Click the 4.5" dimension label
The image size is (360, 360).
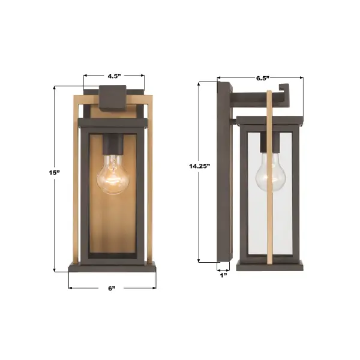[113, 76]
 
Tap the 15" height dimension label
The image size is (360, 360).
[55, 172]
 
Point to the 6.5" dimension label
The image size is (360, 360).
[262, 78]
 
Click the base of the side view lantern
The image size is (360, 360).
[271, 265]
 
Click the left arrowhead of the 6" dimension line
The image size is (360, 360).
[71, 288]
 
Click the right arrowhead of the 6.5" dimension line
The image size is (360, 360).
[301, 78]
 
